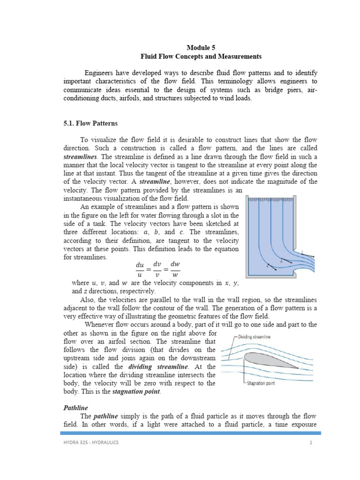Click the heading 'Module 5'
coord(201,47)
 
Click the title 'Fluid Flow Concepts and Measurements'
coord(201,56)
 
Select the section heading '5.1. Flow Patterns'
coord(90,124)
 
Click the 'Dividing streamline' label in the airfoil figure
coord(254,336)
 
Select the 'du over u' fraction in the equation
coord(140,270)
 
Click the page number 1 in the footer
coord(310,443)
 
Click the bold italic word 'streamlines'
coord(79,157)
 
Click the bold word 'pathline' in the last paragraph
coord(108,416)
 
